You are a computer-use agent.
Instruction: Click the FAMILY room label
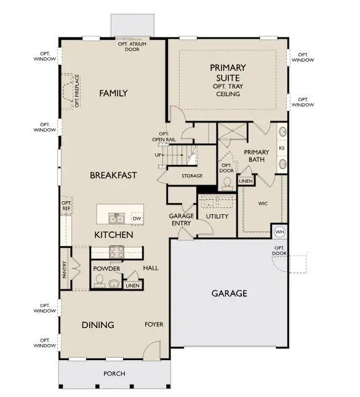tap(113, 94)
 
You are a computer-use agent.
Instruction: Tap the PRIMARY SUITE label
tap(227, 72)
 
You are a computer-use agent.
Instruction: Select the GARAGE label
tap(229, 294)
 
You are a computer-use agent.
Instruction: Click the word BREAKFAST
tap(113, 175)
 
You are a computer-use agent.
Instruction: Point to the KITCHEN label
tap(113, 235)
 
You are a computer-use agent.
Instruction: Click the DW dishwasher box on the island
tap(137, 219)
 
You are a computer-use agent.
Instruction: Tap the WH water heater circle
tap(279, 231)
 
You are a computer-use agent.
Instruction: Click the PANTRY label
tap(65, 270)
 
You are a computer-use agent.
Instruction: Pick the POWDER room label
tap(106, 269)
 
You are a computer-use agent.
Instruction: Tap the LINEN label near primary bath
tap(246, 182)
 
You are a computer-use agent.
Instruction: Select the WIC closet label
tap(263, 203)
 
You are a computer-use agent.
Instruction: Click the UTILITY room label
tap(217, 217)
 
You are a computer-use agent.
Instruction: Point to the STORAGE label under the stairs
tap(192, 176)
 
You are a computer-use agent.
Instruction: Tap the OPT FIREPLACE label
tap(78, 91)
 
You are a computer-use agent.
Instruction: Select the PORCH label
tap(114, 374)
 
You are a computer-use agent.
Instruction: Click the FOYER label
tap(154, 324)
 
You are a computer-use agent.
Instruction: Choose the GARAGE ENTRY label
tap(182, 220)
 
